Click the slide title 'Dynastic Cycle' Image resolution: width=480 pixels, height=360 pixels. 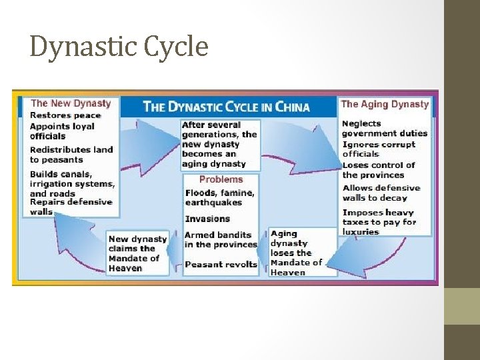(x=119, y=47)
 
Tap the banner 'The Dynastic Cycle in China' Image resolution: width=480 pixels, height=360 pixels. (x=227, y=107)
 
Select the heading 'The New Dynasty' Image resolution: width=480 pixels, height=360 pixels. (x=71, y=103)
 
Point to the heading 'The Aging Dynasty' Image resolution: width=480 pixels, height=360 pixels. (x=385, y=104)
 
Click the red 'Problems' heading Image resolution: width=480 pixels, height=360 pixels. (x=221, y=179)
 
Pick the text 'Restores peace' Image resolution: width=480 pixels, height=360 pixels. (x=65, y=115)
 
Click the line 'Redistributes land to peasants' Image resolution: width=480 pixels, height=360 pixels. (x=71, y=155)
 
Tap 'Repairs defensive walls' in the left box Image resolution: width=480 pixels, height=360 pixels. (x=71, y=207)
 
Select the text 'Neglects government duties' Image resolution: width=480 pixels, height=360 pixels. (x=384, y=128)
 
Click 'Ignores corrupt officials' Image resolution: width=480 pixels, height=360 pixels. (x=379, y=149)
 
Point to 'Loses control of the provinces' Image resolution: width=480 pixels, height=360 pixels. (x=379, y=170)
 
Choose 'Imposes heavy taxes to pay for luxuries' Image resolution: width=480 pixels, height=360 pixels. (x=379, y=222)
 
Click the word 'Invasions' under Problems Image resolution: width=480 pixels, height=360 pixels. (x=207, y=219)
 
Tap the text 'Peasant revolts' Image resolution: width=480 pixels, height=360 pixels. (x=221, y=265)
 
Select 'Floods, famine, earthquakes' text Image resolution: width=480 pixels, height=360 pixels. (x=219, y=197)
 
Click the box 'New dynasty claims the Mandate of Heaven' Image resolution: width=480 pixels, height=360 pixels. (x=137, y=253)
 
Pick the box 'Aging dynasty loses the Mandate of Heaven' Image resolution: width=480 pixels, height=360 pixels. (x=296, y=253)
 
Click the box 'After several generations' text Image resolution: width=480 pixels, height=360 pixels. (x=219, y=144)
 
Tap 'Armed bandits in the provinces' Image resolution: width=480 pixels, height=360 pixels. (x=221, y=240)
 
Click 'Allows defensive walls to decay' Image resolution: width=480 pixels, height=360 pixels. (x=381, y=193)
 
